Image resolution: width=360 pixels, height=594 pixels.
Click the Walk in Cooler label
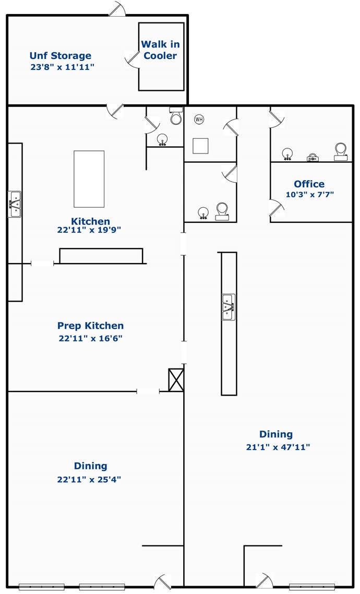point(160,50)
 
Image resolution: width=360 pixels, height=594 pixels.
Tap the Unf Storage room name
point(61,56)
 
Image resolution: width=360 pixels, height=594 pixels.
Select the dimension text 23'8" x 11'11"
point(63,67)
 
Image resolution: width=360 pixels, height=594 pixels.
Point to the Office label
point(309,184)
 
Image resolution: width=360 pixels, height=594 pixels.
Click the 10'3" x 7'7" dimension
point(310,195)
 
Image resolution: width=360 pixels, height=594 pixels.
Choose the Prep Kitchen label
point(90,326)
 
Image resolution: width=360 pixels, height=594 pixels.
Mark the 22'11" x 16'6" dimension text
point(90,338)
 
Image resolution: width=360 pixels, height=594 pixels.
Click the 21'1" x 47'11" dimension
point(278,447)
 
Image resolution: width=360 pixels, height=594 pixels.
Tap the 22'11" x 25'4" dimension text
point(89,479)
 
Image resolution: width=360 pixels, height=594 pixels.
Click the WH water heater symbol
point(199,120)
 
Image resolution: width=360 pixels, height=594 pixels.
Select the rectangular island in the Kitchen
point(89,179)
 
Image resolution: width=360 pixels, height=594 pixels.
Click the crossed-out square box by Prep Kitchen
point(176,380)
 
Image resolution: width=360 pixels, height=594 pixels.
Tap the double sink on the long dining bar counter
point(229,307)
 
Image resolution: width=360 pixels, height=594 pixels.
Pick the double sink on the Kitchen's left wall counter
point(15,204)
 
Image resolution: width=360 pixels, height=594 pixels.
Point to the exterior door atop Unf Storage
point(117,8)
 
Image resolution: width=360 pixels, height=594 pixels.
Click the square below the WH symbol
point(200,146)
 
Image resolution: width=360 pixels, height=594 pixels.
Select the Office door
point(277,208)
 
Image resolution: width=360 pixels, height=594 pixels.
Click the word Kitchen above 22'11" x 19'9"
point(90,221)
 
